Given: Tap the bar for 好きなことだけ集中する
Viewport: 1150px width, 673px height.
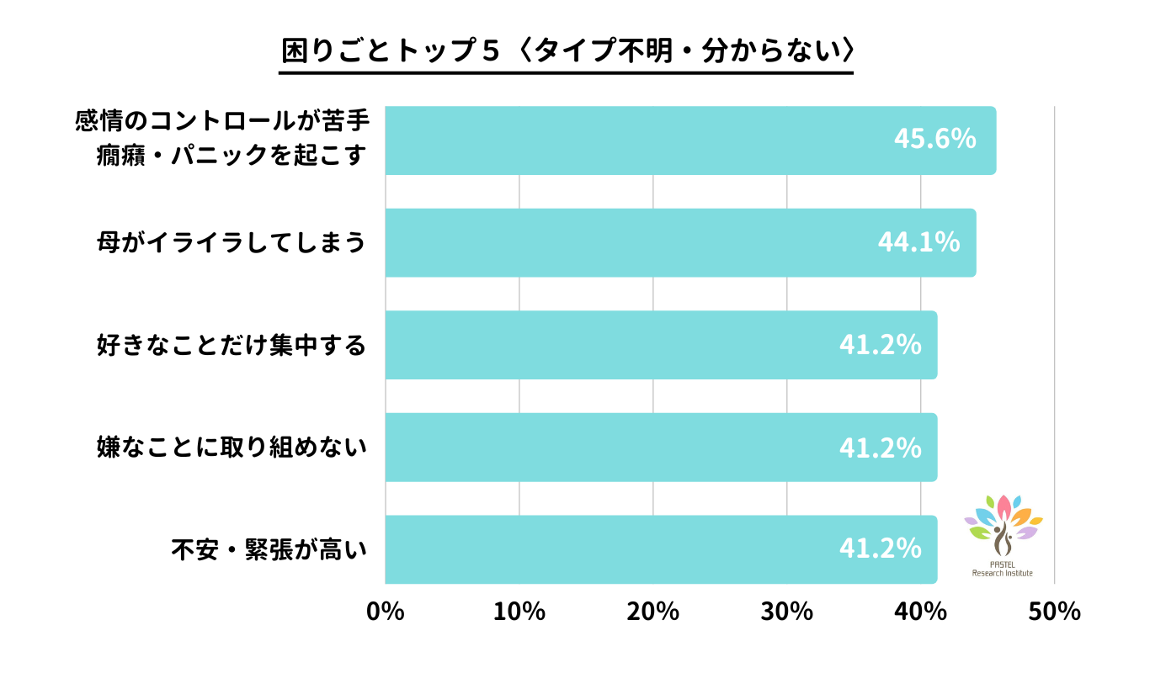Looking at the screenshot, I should coord(661,345).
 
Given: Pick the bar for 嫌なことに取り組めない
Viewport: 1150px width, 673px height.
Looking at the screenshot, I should coord(661,447).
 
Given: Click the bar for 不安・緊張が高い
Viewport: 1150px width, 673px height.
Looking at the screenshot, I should coord(661,549).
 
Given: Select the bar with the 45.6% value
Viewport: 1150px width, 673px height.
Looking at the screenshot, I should coord(690,140).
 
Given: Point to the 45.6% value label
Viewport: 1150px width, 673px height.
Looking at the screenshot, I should coord(934,139).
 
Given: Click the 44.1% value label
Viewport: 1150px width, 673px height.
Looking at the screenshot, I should coord(918,242).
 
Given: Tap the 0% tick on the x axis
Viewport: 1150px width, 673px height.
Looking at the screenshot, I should coord(386,612).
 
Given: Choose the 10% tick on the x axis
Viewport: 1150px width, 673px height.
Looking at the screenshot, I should coord(519,612).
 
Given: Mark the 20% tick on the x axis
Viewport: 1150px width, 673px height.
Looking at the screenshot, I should coord(653,612).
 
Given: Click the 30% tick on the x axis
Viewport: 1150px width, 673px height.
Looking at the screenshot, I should coord(787,612).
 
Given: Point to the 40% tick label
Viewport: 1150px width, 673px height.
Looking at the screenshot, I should coord(920,612).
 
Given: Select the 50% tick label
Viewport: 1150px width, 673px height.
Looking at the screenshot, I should coord(1054,612).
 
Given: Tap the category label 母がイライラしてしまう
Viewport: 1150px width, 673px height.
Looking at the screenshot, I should coord(232,243).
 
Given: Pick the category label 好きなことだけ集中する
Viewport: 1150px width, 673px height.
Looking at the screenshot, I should coord(232,345).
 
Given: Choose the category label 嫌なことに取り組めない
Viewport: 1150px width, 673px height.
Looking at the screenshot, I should coord(232,448).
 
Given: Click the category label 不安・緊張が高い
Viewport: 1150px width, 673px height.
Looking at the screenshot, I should coord(270,550).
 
